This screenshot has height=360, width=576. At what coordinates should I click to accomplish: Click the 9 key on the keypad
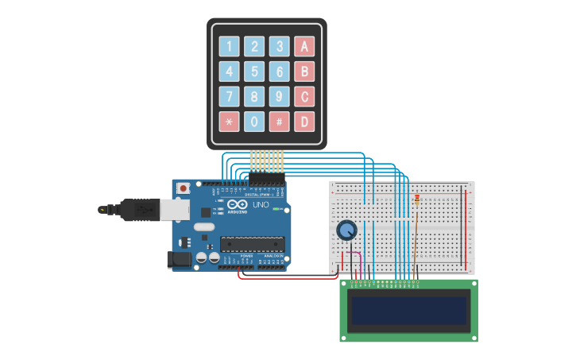pos(279,97)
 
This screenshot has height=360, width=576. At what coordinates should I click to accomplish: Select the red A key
pos(304,46)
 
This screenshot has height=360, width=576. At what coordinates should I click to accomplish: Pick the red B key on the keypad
pos(304,72)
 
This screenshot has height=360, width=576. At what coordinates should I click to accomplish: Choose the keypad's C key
pos(304,97)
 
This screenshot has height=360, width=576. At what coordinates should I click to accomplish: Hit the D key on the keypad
pos(304,122)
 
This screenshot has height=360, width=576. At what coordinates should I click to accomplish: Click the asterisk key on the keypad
pos(230,122)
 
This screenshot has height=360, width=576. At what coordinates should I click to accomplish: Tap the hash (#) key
pos(279,122)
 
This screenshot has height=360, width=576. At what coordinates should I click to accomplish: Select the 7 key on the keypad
pos(230,97)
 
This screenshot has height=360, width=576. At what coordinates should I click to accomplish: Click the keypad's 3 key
pos(279,46)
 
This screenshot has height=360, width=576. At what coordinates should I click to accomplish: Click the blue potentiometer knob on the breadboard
pos(346,230)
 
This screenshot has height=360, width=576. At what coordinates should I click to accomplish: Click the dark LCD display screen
pos(408,310)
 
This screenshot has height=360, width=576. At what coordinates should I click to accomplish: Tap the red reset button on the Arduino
pos(184,188)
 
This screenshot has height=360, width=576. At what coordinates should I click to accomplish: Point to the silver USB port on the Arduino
pos(175,209)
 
